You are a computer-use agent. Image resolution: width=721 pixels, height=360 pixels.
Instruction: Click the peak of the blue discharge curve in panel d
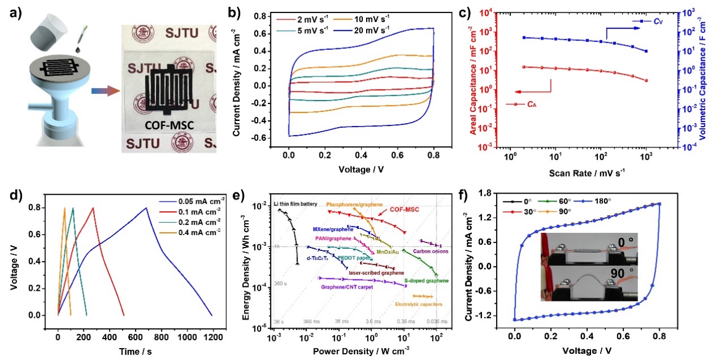147,208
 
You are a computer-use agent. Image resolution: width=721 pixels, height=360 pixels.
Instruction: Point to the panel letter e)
250,195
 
